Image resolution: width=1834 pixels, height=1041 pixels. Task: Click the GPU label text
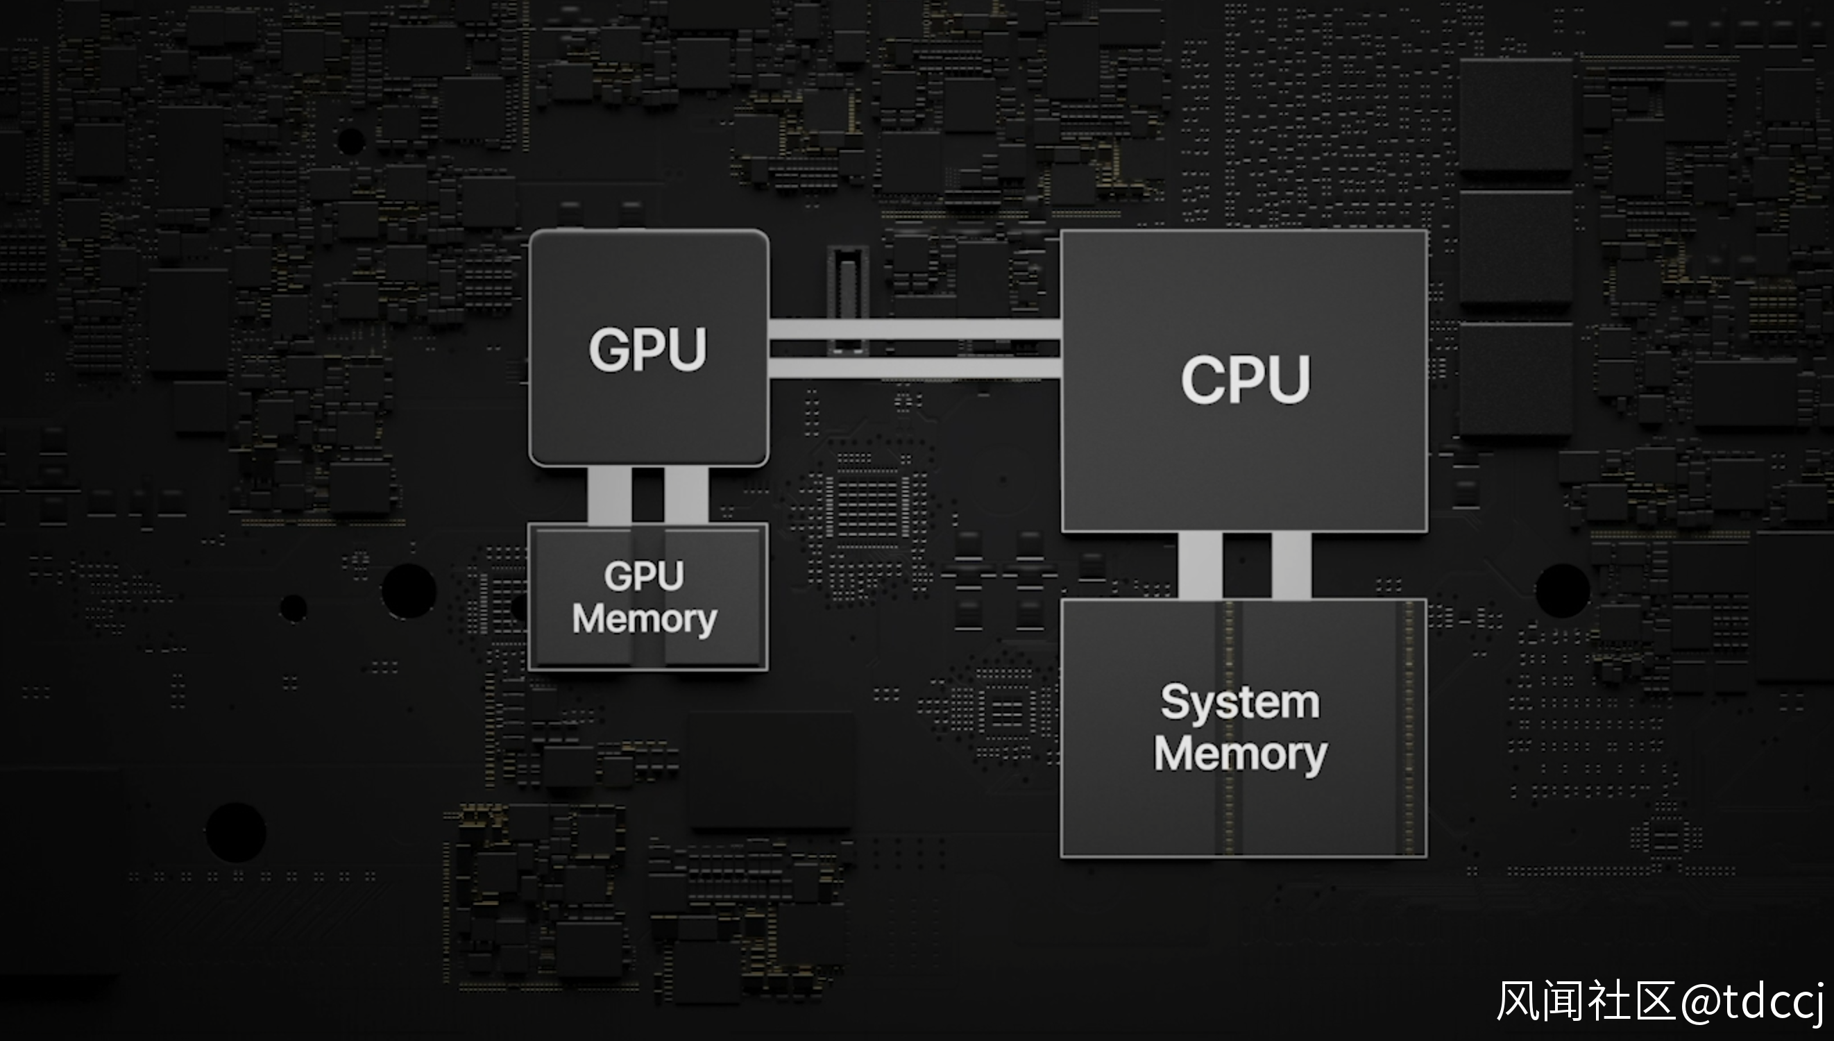(647, 350)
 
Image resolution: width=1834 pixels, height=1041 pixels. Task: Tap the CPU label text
(1245, 380)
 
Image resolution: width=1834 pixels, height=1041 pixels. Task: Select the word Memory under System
(1241, 754)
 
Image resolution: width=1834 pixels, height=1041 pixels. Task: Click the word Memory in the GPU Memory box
(644, 619)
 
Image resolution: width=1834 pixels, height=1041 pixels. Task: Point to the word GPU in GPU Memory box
(644, 575)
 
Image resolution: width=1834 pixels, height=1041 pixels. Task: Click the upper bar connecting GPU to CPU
(914, 330)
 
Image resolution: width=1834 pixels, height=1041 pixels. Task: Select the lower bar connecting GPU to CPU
(914, 368)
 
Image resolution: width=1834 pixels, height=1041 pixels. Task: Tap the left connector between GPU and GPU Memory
(610, 495)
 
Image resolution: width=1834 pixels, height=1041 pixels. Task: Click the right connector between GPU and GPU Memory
(686, 495)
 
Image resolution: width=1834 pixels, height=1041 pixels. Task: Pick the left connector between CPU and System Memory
(1200, 566)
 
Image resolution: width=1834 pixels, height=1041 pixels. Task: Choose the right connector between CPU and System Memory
(1291, 566)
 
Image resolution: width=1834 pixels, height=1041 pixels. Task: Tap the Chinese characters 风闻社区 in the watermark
(1587, 1001)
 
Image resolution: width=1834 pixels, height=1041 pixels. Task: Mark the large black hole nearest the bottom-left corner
(236, 832)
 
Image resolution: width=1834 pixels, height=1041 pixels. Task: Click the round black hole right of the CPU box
(1563, 591)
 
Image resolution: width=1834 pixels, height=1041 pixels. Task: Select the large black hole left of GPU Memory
(409, 591)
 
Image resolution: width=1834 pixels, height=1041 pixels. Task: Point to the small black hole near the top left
(350, 141)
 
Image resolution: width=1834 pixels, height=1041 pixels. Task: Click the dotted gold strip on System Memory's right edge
(1409, 728)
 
